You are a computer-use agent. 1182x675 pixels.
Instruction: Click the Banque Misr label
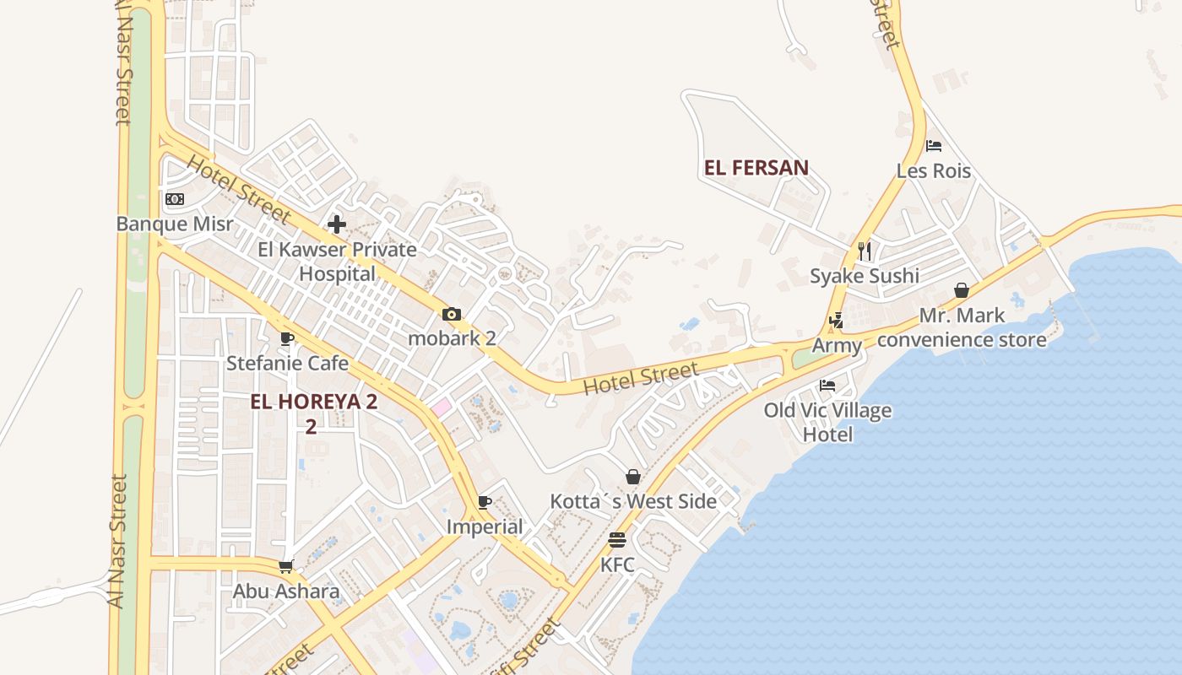pyautogui.click(x=175, y=224)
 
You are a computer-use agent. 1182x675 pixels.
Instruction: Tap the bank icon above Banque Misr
pyautogui.click(x=175, y=199)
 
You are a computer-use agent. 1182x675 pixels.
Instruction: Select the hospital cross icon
pyautogui.click(x=337, y=224)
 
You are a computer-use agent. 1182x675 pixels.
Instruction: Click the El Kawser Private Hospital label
pyautogui.click(x=337, y=262)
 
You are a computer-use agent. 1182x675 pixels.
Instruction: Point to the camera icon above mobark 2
pyautogui.click(x=452, y=315)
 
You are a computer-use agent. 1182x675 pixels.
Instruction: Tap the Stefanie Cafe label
pyautogui.click(x=287, y=363)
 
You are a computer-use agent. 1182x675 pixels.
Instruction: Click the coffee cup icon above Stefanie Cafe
pyautogui.click(x=287, y=338)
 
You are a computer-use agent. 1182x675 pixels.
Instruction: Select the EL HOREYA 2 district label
pyautogui.click(x=313, y=402)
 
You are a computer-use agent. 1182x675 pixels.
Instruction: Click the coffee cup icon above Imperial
pyautogui.click(x=485, y=502)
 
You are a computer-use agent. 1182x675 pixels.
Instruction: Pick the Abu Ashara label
pyautogui.click(x=286, y=591)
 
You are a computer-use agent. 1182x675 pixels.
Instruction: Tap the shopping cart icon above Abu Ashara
pyautogui.click(x=286, y=566)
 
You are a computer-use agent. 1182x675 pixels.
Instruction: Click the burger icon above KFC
pyautogui.click(x=617, y=540)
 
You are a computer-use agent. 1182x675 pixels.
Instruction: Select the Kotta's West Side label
pyautogui.click(x=633, y=501)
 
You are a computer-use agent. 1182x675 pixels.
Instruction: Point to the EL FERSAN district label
pyautogui.click(x=756, y=168)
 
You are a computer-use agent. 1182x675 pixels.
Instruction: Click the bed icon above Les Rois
pyautogui.click(x=934, y=146)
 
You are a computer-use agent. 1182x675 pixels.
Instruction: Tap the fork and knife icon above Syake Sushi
pyautogui.click(x=865, y=251)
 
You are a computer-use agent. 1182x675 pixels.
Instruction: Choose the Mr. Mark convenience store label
pyautogui.click(x=962, y=327)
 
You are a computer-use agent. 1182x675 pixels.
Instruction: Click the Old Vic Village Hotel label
pyautogui.click(x=827, y=423)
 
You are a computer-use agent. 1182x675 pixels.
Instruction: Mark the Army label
pyautogui.click(x=837, y=346)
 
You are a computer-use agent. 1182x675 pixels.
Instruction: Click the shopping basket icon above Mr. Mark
pyautogui.click(x=962, y=291)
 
